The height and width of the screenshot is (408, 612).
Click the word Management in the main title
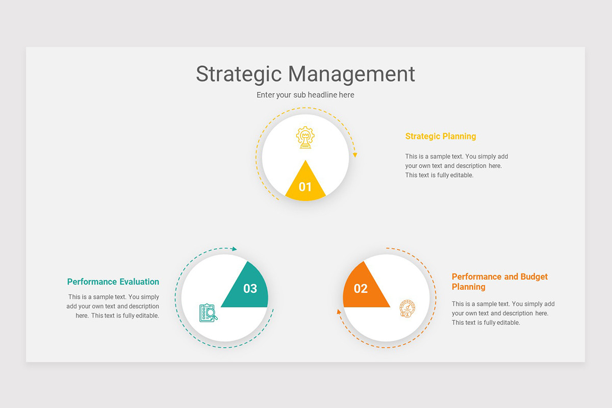click(351, 74)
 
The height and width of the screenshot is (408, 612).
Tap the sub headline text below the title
click(305, 95)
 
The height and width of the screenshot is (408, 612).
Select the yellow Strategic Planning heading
click(441, 136)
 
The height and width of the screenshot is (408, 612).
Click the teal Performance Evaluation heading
click(113, 282)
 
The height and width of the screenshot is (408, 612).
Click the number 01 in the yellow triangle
click(305, 187)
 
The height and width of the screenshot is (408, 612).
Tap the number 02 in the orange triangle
click(361, 289)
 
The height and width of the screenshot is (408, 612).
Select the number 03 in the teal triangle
click(250, 289)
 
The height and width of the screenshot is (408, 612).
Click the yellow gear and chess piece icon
click(305, 138)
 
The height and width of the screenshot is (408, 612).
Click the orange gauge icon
click(407, 309)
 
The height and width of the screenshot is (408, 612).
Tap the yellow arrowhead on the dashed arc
click(355, 155)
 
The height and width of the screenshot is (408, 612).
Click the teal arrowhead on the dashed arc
click(234, 249)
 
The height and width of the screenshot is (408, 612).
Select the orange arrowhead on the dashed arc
click(338, 311)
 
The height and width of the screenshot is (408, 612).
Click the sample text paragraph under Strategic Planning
click(456, 166)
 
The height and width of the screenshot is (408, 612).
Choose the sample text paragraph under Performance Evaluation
click(113, 306)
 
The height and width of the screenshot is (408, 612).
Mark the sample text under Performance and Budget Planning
click(503, 313)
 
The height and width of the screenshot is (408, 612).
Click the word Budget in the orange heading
click(534, 276)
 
